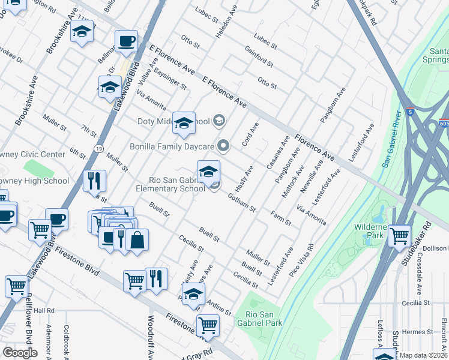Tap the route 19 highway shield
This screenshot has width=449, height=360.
point(98,149)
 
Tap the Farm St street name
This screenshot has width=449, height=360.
point(280,218)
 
